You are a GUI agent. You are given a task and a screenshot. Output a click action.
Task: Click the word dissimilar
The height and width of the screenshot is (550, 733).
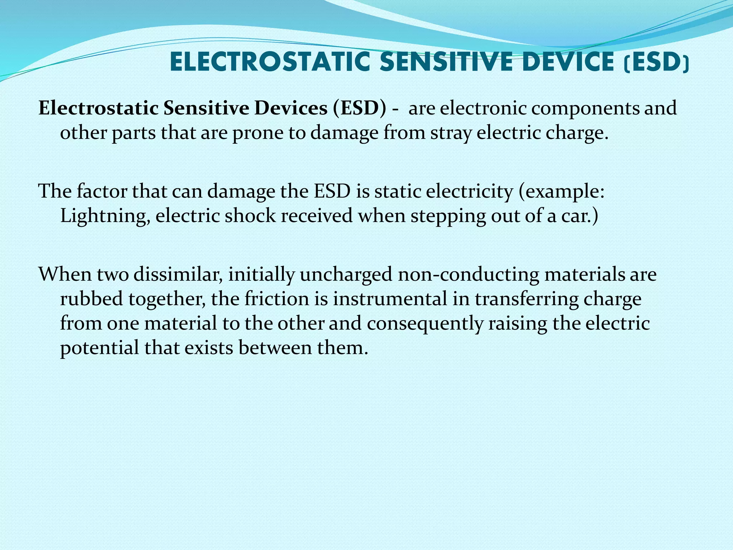[178, 274]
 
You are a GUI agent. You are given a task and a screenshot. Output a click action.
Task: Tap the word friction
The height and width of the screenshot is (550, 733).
[277, 299]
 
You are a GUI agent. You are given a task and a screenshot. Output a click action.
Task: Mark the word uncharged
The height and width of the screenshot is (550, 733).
[346, 275]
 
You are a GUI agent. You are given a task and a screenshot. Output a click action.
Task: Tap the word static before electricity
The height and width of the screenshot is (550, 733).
[397, 192]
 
